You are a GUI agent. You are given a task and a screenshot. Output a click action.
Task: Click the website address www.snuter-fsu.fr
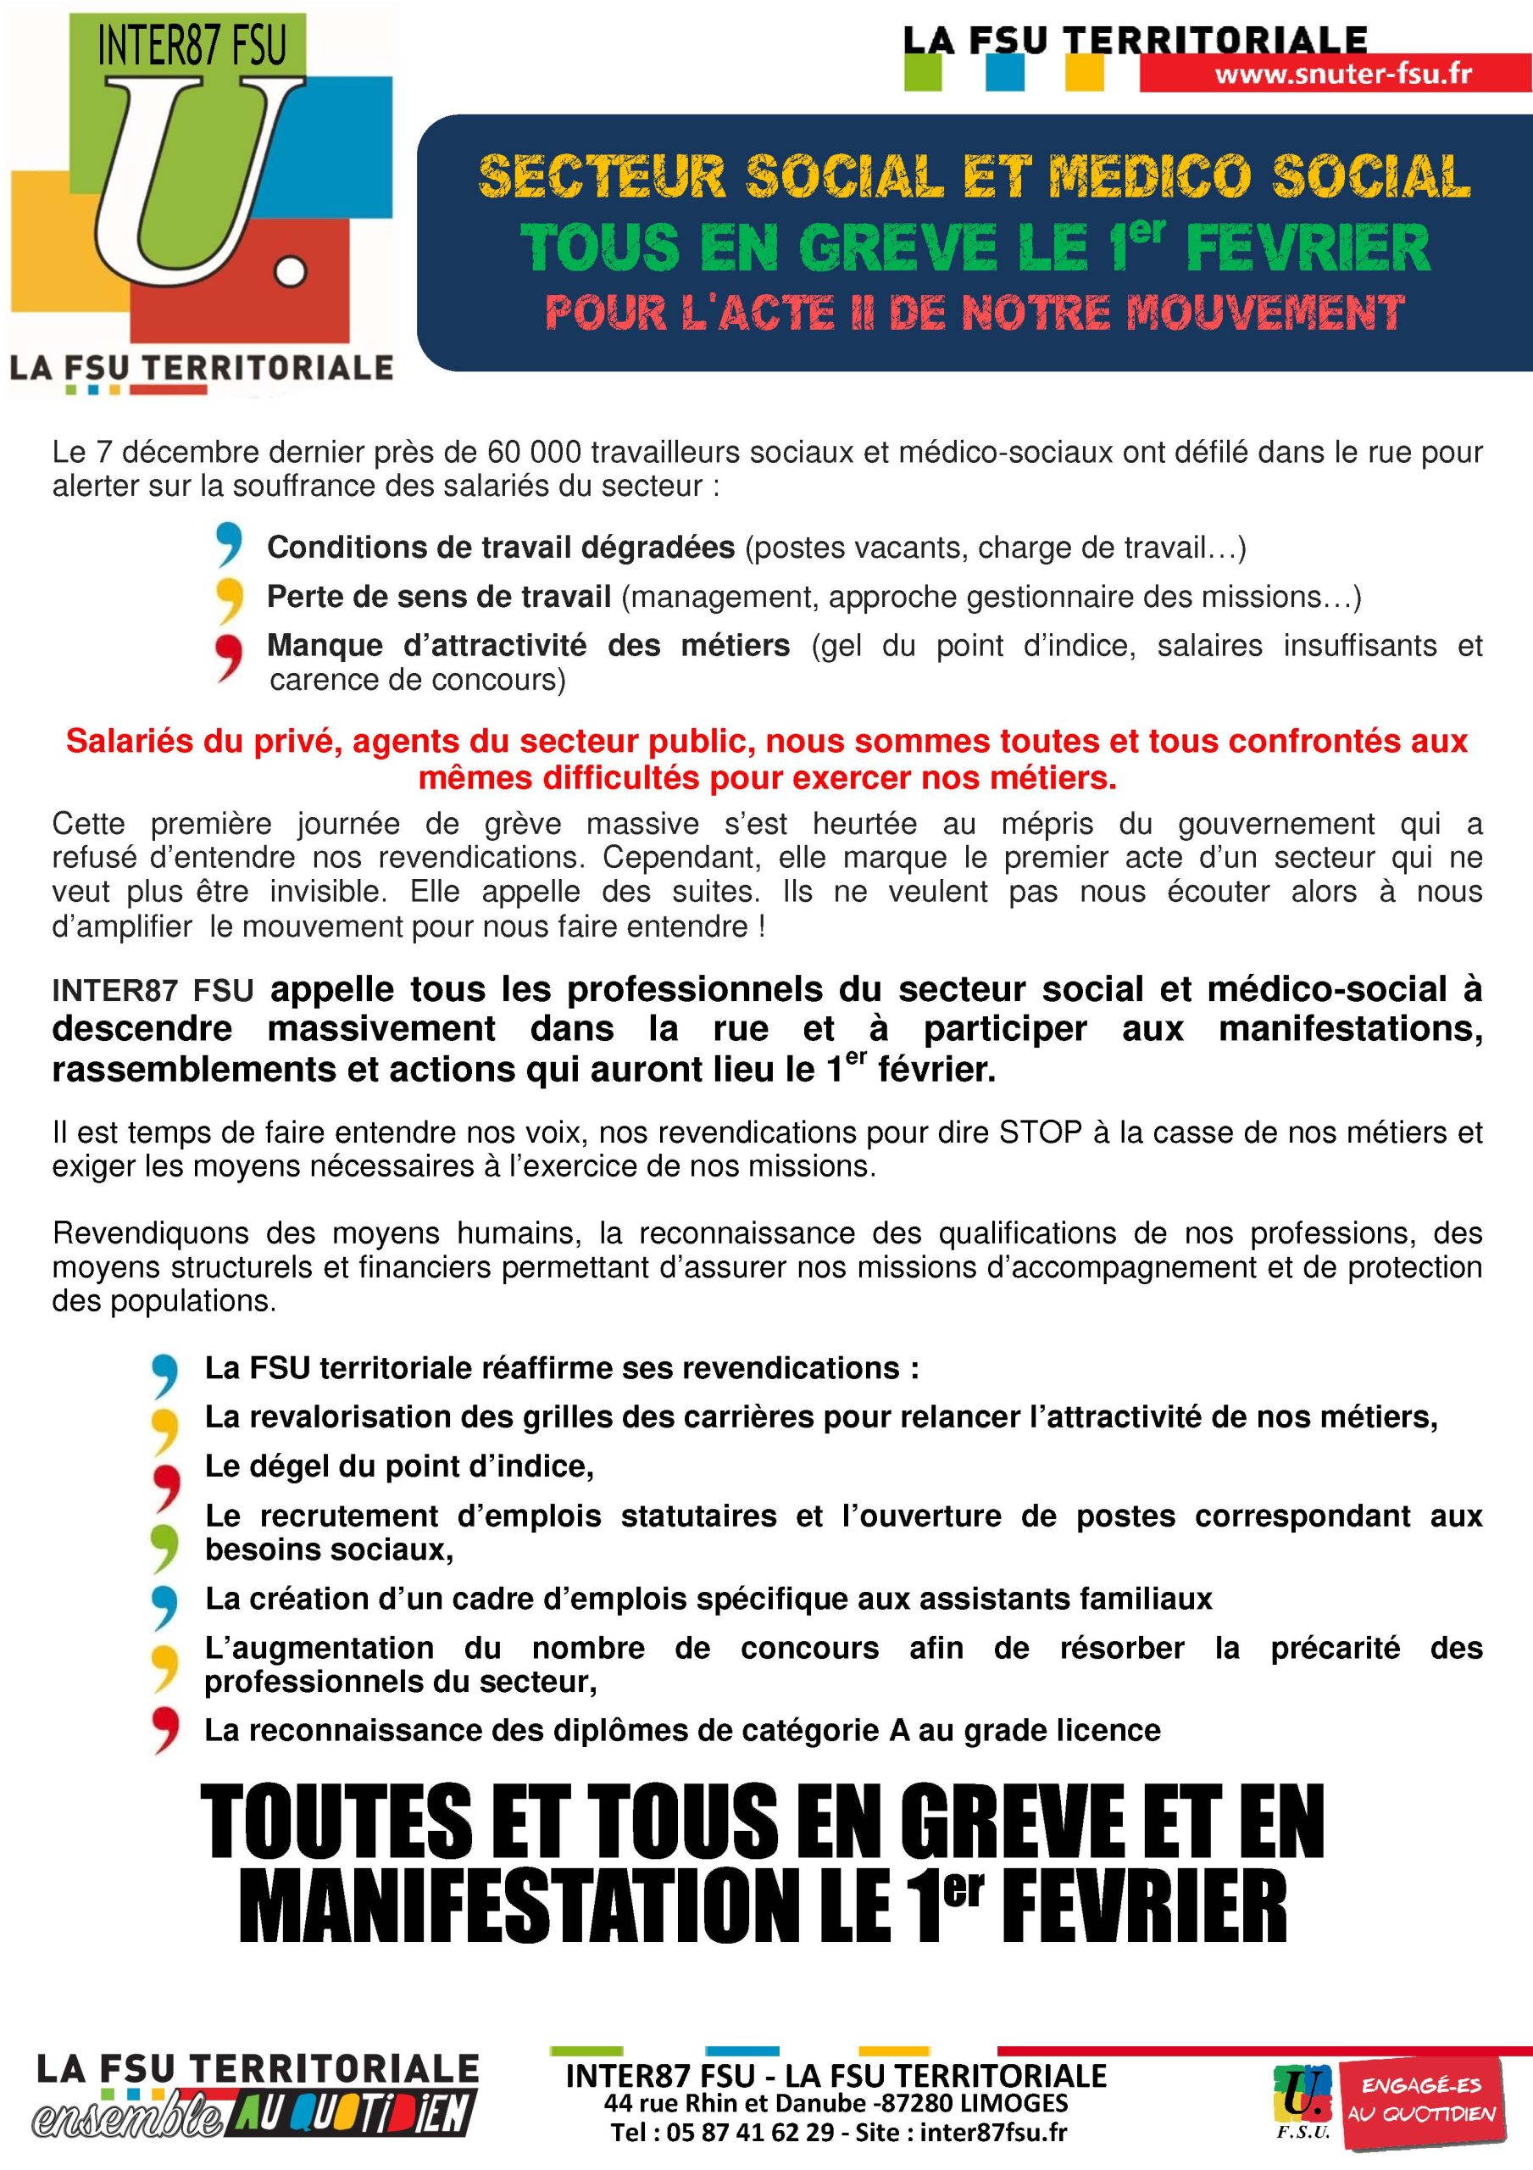tap(1342, 74)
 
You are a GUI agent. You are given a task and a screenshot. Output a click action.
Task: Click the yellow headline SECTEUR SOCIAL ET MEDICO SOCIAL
tap(974, 177)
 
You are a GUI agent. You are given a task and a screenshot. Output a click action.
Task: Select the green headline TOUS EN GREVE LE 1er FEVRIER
tap(974, 248)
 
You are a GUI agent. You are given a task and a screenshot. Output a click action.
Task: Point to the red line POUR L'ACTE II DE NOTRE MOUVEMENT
tap(974, 313)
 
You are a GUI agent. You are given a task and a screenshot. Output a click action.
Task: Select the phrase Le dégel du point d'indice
tap(399, 1466)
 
